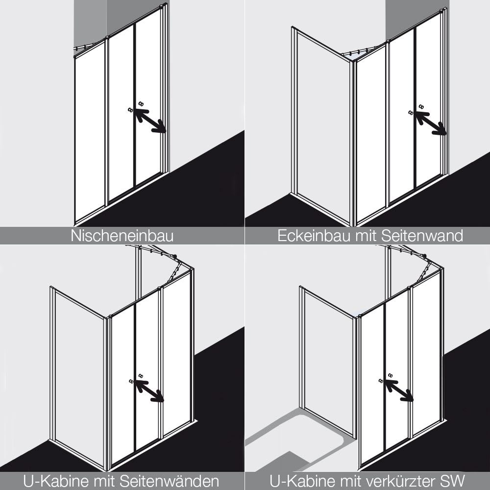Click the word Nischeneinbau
coord(122,236)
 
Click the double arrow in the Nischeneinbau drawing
coord(150,121)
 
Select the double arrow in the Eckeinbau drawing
coord(430,123)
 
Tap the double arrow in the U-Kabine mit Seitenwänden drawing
coord(149,391)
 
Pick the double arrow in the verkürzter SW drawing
coord(399,391)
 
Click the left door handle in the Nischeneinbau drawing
coord(130,110)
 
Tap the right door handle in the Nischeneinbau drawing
coord(141,103)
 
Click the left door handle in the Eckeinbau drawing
coord(411,113)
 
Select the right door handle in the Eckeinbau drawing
coord(421,106)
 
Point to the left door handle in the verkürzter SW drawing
coord(381,381)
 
